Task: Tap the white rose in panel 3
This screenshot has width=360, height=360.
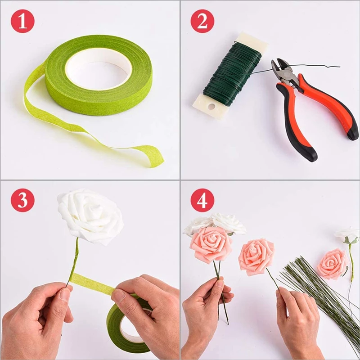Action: (x=90, y=216)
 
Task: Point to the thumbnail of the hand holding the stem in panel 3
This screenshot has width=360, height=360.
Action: (x=64, y=295)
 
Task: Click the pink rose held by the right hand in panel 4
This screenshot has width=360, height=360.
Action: (x=256, y=256)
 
